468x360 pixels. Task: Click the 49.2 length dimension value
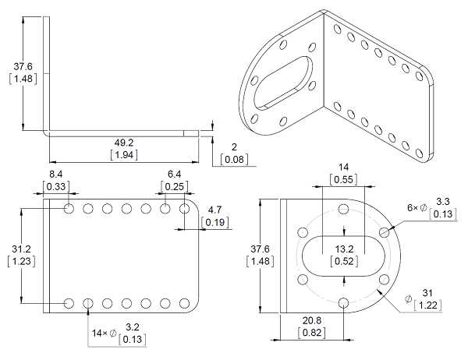tap(124, 143)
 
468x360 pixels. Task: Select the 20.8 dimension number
tap(312, 320)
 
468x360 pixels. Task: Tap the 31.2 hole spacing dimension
tap(21, 249)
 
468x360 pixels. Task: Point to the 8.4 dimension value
tap(56, 174)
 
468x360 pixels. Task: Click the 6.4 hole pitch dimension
tap(174, 174)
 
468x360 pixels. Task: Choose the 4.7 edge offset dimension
tap(215, 210)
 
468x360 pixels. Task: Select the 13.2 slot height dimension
tap(344, 249)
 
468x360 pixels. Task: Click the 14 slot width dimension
tap(343, 167)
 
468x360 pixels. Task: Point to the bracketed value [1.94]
tap(124, 155)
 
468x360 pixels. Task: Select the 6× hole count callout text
tap(413, 207)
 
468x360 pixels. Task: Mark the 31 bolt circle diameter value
tap(427, 293)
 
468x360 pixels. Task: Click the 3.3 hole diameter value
tap(442, 202)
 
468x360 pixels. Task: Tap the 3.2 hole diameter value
tap(133, 327)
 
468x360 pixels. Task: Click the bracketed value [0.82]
tap(312, 333)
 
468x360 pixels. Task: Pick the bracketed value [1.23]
tap(21, 261)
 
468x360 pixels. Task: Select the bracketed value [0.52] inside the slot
tap(344, 261)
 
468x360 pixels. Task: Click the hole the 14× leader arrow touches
tap(88, 303)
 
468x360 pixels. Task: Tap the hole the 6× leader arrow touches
tap(385, 231)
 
